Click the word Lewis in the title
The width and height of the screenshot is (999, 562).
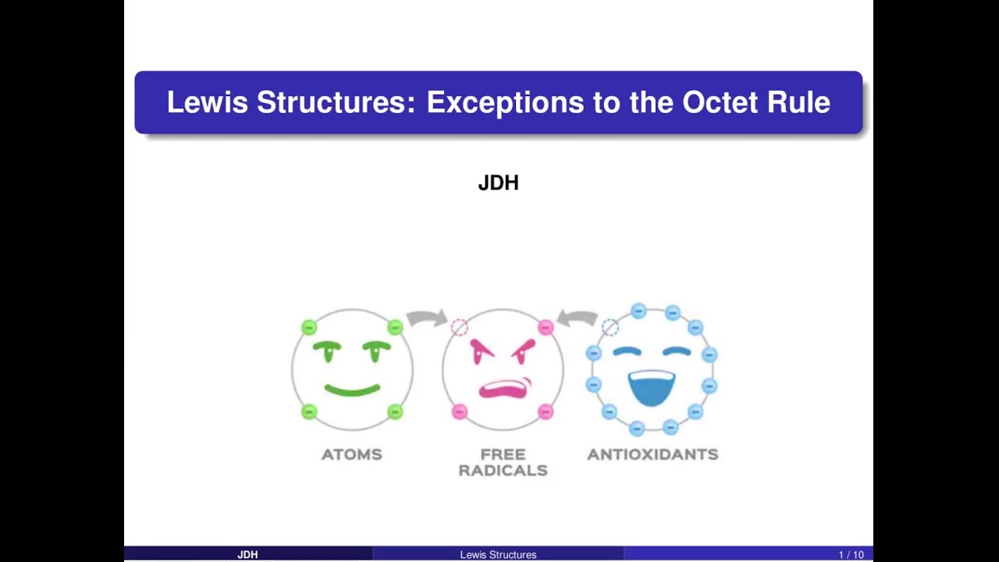(x=207, y=102)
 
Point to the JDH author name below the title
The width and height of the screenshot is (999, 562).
(x=498, y=183)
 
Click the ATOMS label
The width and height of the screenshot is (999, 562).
(x=352, y=454)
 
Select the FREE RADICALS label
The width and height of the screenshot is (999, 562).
(x=503, y=462)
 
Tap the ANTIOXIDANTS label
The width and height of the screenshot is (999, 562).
(x=652, y=454)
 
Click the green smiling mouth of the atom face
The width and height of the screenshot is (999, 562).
(x=352, y=389)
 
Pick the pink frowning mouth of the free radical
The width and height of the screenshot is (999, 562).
(x=503, y=389)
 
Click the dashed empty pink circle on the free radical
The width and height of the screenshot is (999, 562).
(x=459, y=327)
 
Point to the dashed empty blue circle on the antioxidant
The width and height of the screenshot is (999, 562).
(x=610, y=328)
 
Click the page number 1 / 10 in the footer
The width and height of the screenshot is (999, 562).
(x=851, y=555)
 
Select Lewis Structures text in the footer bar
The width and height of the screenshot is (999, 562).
(x=498, y=555)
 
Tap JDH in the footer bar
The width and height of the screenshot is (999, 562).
(x=247, y=555)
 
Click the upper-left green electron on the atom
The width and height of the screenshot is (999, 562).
(x=309, y=327)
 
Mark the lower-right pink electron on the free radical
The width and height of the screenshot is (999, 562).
(x=546, y=411)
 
